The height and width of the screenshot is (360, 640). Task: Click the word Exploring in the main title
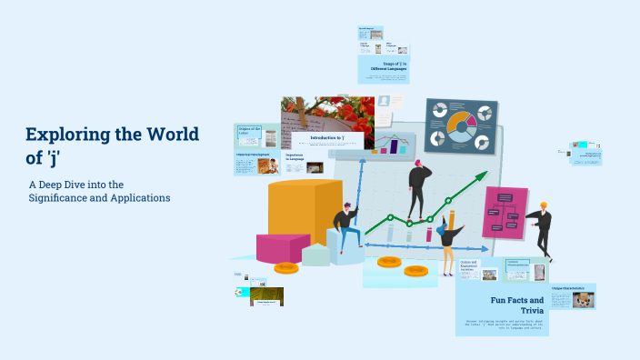click(70, 135)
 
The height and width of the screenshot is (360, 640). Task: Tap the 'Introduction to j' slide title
click(326, 138)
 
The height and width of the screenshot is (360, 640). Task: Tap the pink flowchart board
click(505, 212)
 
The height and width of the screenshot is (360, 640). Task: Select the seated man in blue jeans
click(345, 226)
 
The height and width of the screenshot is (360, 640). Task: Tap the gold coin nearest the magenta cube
click(285, 268)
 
